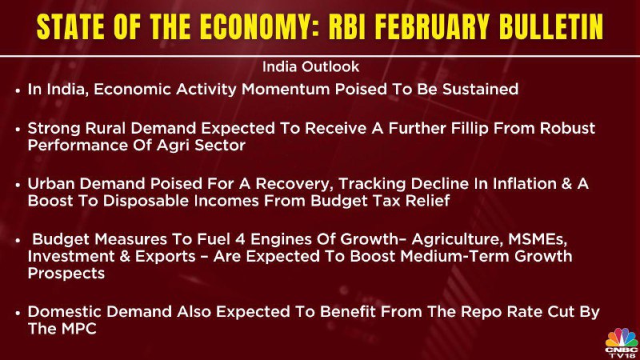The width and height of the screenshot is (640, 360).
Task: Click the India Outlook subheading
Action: [x=310, y=66]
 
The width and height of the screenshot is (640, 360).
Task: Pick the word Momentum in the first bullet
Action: [x=286, y=89]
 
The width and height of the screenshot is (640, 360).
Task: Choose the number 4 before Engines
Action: [x=241, y=239]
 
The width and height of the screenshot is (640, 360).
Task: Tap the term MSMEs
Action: [x=538, y=239]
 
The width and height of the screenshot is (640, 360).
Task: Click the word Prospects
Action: [x=66, y=274]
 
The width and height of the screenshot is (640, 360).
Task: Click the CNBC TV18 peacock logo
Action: [x=622, y=343]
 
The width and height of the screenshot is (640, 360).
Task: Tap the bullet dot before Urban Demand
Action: [x=18, y=186]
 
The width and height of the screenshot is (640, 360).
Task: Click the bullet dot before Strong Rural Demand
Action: [x=18, y=130]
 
